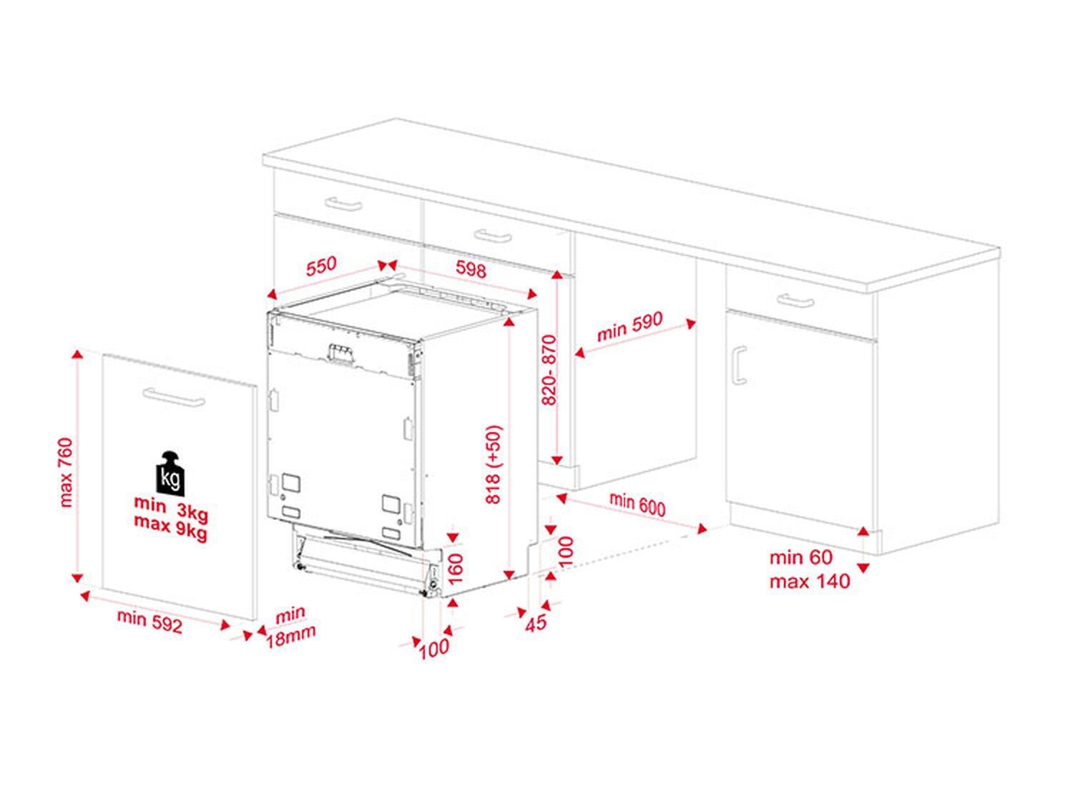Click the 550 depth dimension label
(321, 266)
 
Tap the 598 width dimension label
(471, 269)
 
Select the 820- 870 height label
(549, 370)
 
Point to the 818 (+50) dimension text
(494, 465)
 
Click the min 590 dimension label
(630, 326)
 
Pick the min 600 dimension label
(637, 504)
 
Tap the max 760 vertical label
(66, 472)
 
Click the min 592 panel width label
(150, 620)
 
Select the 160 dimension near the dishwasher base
(455, 568)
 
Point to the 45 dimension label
(536, 622)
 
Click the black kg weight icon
(170, 474)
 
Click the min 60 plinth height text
(801, 557)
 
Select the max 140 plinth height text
(810, 581)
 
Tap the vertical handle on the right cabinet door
(738, 366)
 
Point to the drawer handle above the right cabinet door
(795, 300)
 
